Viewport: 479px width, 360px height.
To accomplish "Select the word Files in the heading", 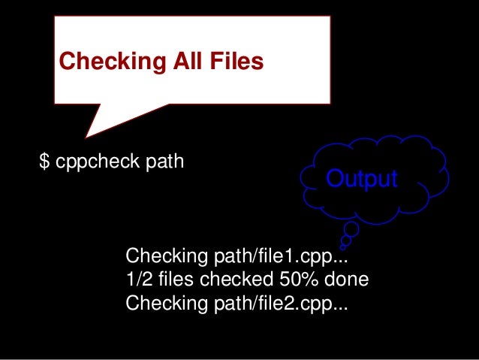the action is coord(236,61).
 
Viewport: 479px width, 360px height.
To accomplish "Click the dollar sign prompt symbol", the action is coord(44,162).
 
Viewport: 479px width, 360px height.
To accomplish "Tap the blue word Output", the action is coord(360,179).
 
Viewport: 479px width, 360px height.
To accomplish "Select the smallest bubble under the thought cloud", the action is coord(343,246).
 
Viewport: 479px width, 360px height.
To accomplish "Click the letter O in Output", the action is coord(333,179).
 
